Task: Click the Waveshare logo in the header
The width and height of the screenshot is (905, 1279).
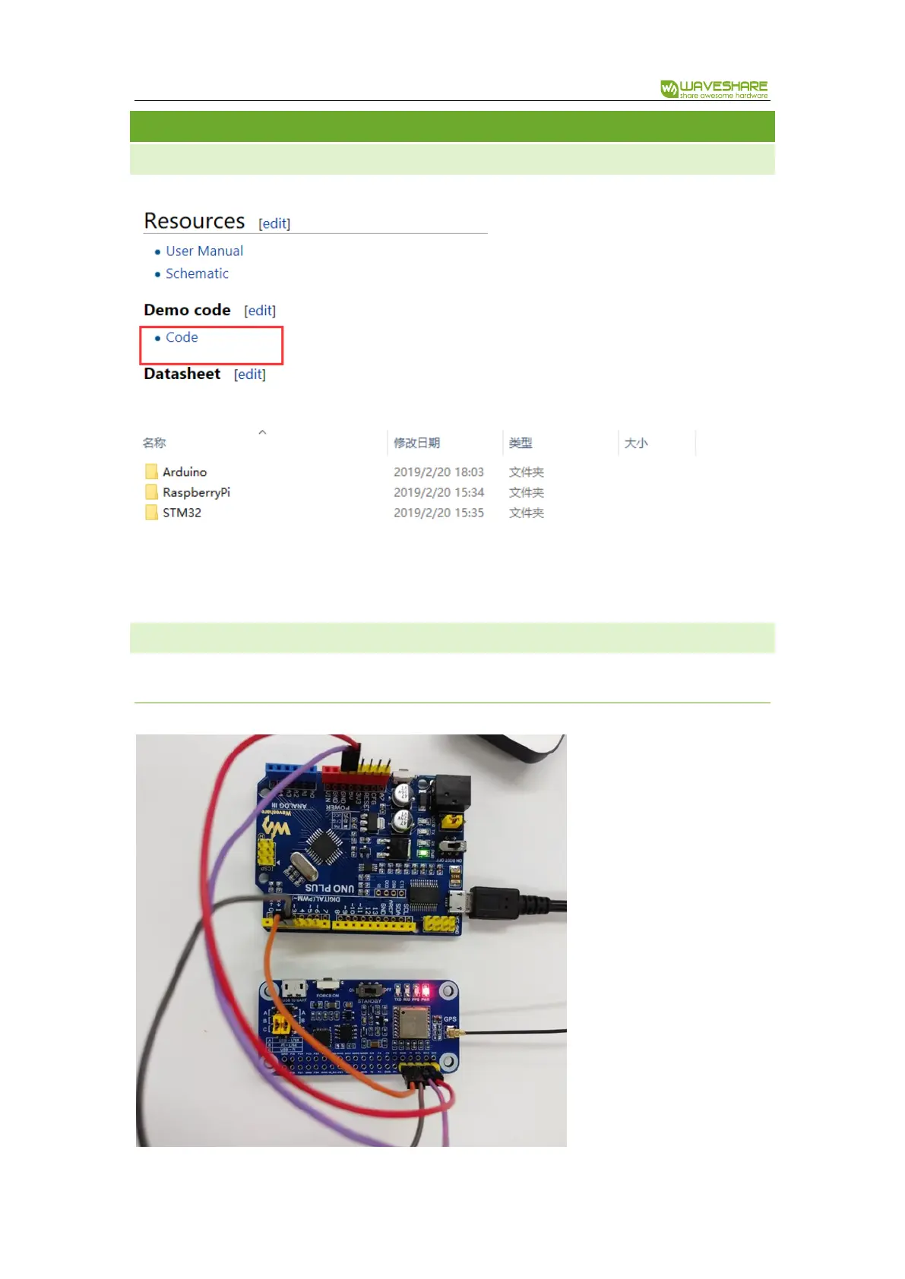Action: (x=714, y=89)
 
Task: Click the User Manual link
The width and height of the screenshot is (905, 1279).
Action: (x=204, y=251)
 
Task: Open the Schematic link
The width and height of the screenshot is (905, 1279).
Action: (x=197, y=273)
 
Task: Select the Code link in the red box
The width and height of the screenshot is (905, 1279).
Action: (x=182, y=337)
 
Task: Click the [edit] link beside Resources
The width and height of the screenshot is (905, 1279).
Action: (x=274, y=223)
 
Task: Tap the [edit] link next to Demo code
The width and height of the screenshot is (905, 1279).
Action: (x=260, y=311)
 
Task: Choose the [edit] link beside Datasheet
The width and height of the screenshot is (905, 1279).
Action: (x=250, y=374)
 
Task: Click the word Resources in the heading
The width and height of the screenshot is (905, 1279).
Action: (x=195, y=221)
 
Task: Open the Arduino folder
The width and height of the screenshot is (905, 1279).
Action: (x=184, y=472)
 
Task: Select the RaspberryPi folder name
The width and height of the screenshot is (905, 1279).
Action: (x=196, y=493)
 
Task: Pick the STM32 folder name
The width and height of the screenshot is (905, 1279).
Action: (x=182, y=513)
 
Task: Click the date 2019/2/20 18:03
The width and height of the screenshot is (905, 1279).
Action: (x=438, y=472)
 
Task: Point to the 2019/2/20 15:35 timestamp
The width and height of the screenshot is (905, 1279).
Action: (x=438, y=513)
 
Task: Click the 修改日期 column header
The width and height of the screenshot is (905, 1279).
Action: (x=416, y=443)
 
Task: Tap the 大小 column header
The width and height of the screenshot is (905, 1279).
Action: (x=635, y=443)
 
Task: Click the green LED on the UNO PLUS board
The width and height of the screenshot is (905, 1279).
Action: (x=422, y=852)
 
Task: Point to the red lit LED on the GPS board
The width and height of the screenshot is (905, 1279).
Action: (x=425, y=990)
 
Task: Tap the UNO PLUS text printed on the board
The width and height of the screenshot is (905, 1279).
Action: (x=330, y=887)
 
